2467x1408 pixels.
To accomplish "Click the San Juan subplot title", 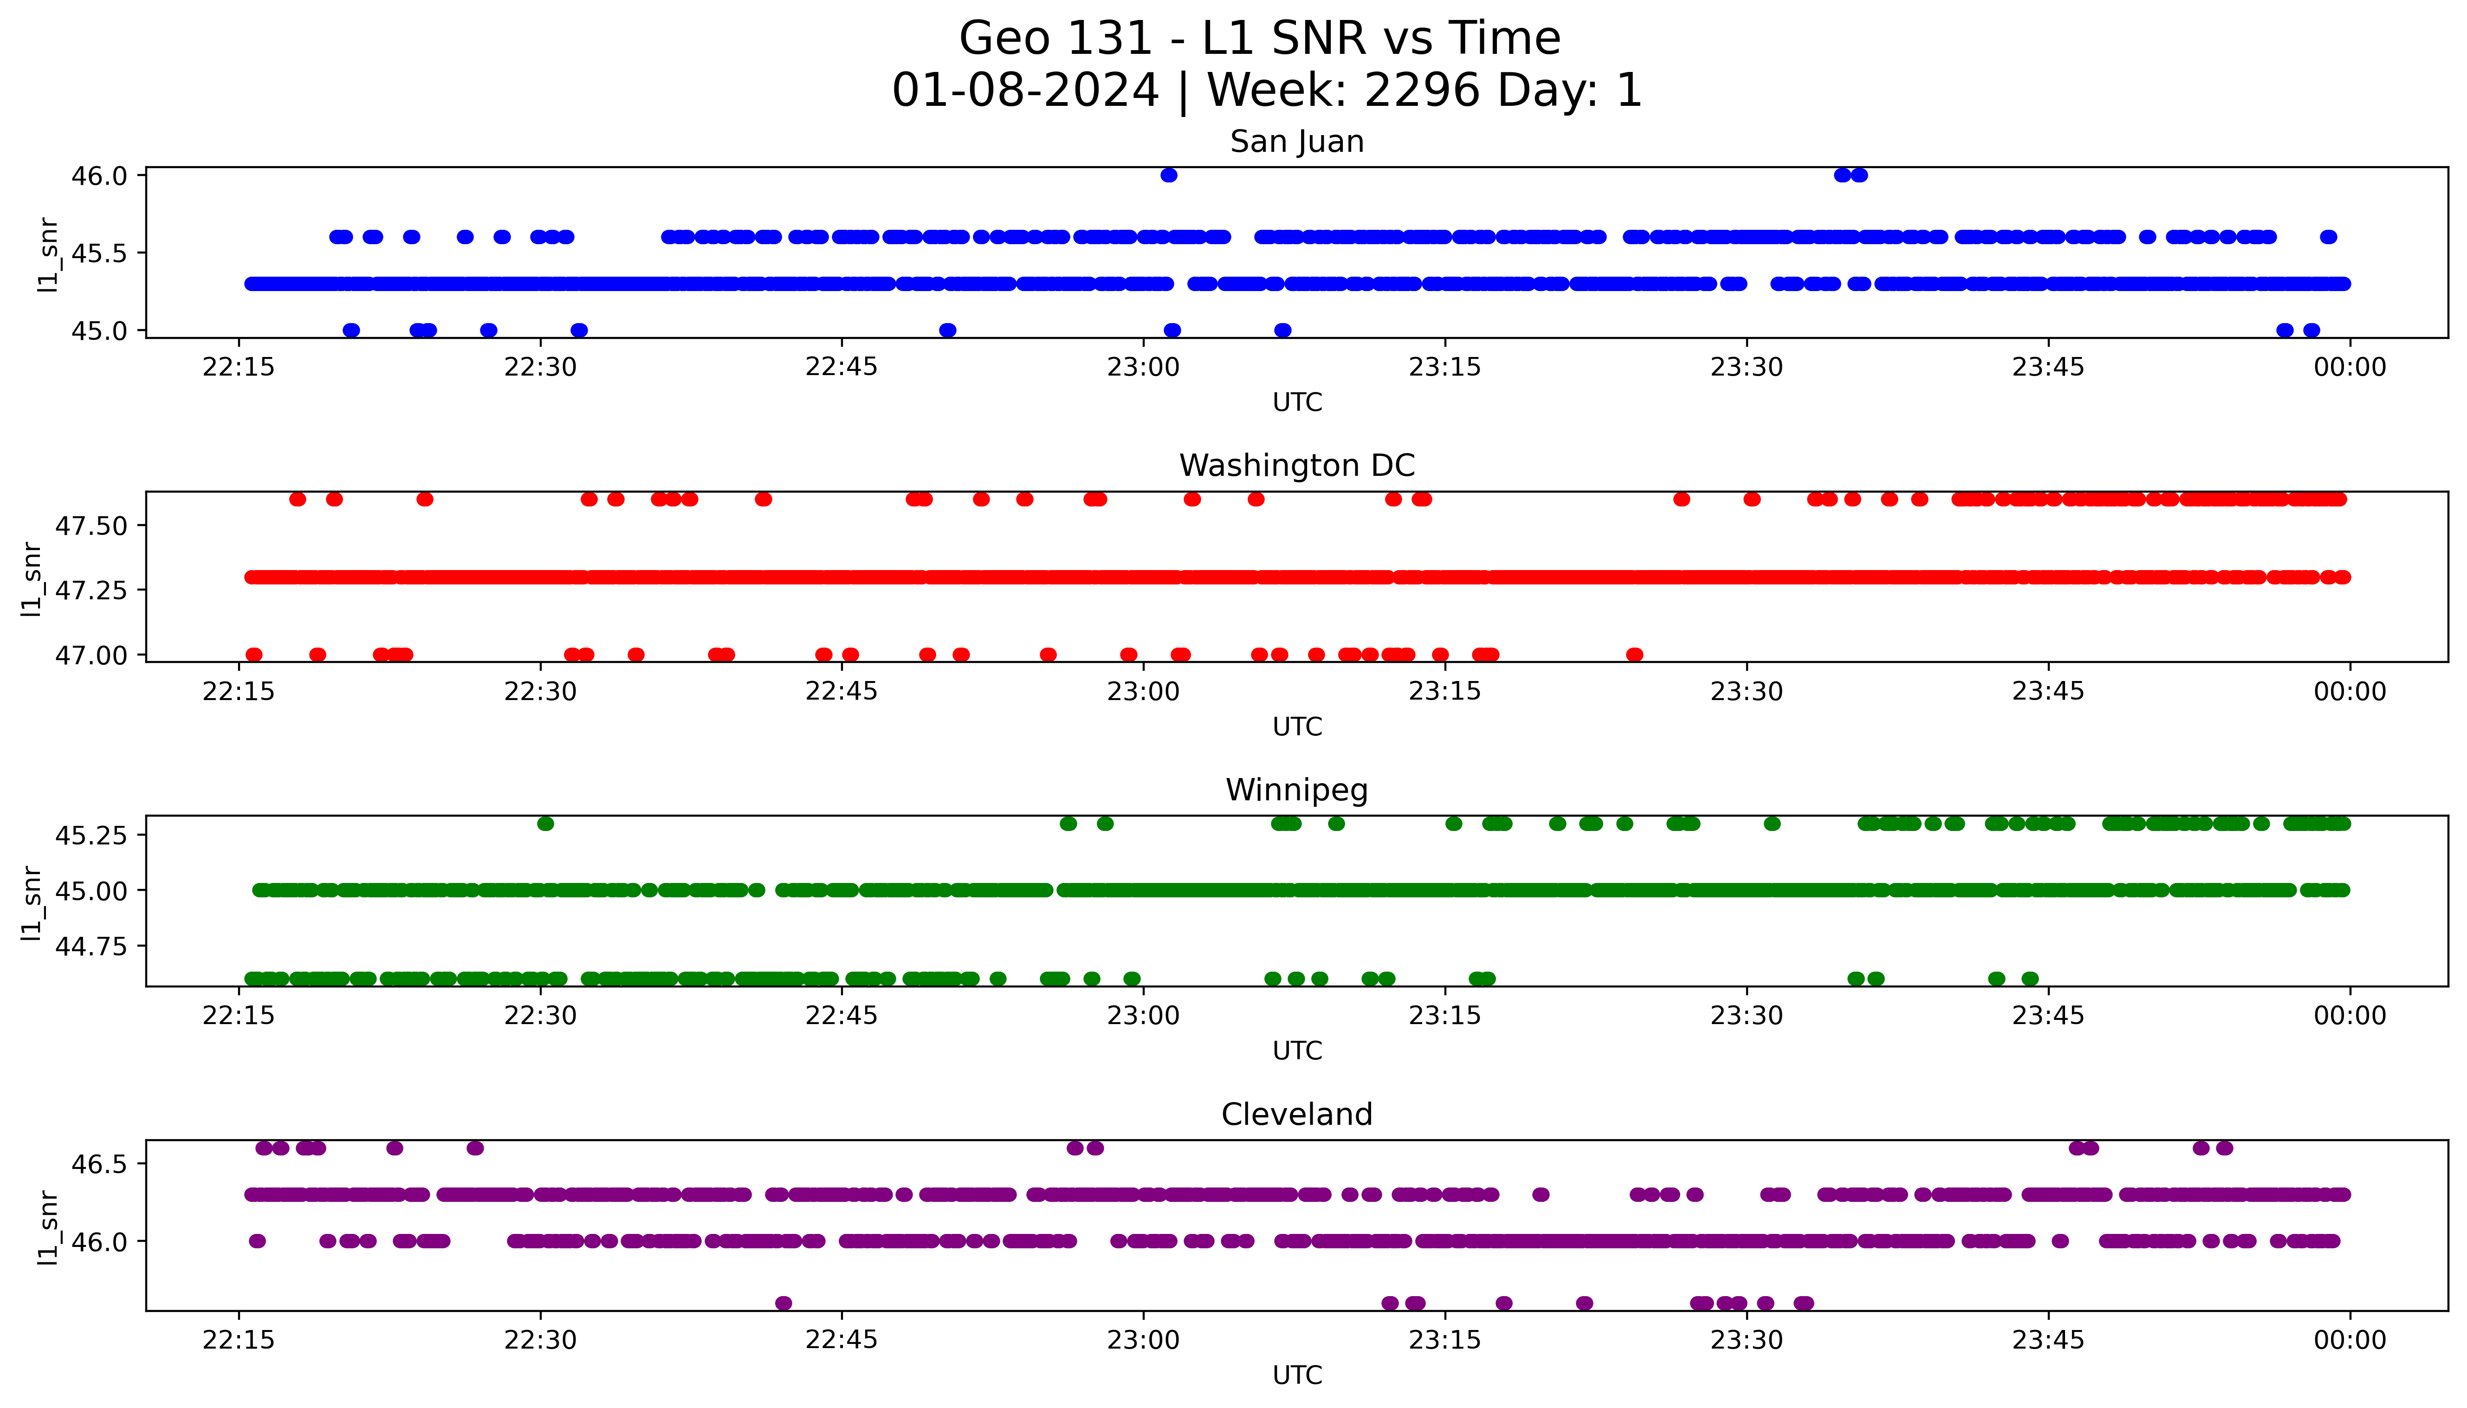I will click(1296, 142).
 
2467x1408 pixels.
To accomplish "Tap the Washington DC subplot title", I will click(1296, 466).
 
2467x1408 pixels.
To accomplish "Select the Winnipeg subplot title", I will click(1296, 790).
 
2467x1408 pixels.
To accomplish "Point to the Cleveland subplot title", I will click(1296, 1114).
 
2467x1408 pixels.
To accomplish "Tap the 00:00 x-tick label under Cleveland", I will click(2349, 1340).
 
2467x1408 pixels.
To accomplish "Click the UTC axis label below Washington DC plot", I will click(1296, 726).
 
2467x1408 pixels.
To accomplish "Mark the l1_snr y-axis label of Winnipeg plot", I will click(32, 903).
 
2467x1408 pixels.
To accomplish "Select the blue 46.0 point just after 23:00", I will click(1169, 175).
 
